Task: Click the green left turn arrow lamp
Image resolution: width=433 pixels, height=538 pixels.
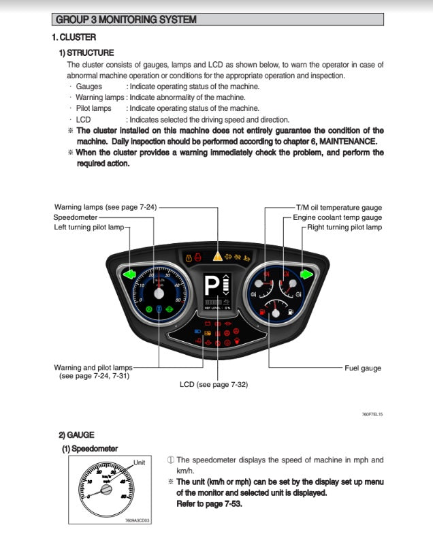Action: tap(129, 275)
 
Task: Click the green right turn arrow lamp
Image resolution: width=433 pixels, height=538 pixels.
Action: tap(306, 275)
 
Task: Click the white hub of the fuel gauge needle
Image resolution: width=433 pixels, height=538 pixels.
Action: tap(276, 314)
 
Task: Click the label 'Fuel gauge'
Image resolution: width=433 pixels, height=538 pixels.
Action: tap(362, 368)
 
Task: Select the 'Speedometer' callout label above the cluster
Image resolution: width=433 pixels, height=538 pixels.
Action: tap(75, 217)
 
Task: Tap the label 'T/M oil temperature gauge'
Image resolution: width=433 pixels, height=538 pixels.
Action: tap(338, 207)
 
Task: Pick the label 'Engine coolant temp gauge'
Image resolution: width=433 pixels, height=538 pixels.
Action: tap(337, 217)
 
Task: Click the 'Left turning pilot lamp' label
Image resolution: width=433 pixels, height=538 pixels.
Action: tap(89, 227)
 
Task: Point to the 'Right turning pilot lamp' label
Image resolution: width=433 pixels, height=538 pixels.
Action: tap(344, 227)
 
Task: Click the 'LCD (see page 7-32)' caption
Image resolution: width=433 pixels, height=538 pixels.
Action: tap(213, 384)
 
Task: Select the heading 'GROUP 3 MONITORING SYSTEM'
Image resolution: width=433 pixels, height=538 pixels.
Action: tap(126, 20)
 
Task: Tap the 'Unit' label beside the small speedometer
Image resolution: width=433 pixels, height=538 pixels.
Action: tap(140, 462)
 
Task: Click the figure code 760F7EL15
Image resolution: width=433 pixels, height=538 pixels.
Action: tap(372, 414)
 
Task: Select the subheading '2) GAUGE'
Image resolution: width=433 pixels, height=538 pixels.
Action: tap(76, 434)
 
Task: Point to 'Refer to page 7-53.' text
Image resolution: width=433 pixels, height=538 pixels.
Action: tap(209, 504)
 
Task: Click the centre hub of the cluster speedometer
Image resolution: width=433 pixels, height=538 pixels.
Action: tap(159, 294)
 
